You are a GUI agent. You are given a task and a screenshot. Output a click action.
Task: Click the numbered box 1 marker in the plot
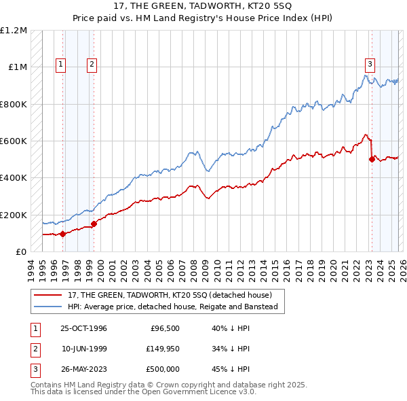coord(60,65)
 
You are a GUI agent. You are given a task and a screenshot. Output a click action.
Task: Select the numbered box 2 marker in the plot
coord(92,65)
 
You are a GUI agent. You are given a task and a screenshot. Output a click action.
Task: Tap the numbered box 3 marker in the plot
coord(370,65)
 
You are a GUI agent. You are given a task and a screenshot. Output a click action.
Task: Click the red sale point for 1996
coord(62,234)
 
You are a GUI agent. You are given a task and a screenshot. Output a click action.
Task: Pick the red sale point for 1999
coord(94,224)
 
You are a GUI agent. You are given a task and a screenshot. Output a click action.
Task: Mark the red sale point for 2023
coord(372,160)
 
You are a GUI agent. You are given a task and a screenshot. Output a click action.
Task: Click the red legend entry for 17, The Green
coord(170,295)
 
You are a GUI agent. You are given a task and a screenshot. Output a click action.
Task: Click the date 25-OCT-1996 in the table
coord(83,328)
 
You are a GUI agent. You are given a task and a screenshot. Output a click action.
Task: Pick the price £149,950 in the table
coord(161,349)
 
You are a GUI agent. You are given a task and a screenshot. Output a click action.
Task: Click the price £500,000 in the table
coord(161,369)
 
